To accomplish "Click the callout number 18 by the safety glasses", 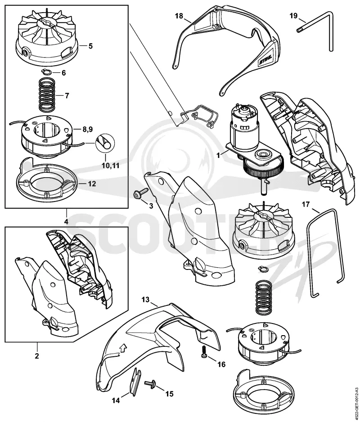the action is click(179, 16).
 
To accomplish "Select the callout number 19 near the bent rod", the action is click(293, 16).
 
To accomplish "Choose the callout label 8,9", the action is click(87, 130).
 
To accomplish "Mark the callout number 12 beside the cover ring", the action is click(92, 184).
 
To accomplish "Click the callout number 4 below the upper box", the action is click(66, 222).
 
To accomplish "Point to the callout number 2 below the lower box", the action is click(37, 356).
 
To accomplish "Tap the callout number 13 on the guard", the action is click(146, 299).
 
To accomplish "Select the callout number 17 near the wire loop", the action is click(306, 205).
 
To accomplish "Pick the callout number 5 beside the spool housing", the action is click(90, 46).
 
